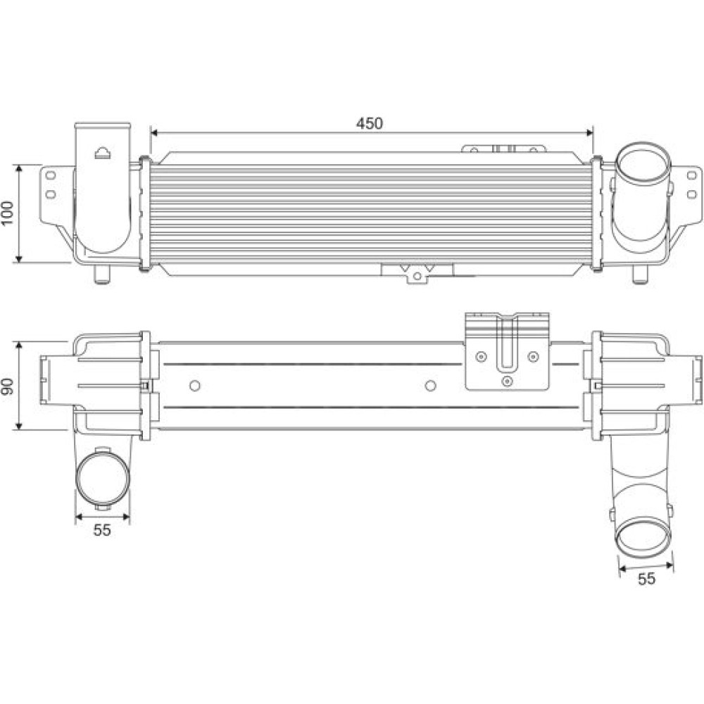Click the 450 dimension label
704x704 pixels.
point(370,123)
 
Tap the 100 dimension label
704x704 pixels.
point(8,213)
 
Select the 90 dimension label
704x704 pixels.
point(8,386)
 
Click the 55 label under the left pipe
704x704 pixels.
point(102,530)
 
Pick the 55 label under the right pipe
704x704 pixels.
point(646,579)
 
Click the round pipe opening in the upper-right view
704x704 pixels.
point(643,164)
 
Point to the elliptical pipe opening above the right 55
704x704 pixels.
point(644,538)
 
